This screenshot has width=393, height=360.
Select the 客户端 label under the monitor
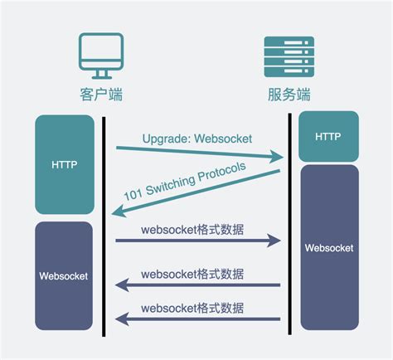pyautogui.click(x=100, y=94)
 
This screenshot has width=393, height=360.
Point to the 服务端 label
pyautogui.click(x=288, y=94)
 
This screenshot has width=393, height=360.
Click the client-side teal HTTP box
pyautogui.click(x=64, y=165)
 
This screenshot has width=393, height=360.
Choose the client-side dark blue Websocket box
pyautogui.click(x=64, y=275)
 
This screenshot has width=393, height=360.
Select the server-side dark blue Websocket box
pyautogui.click(x=329, y=247)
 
